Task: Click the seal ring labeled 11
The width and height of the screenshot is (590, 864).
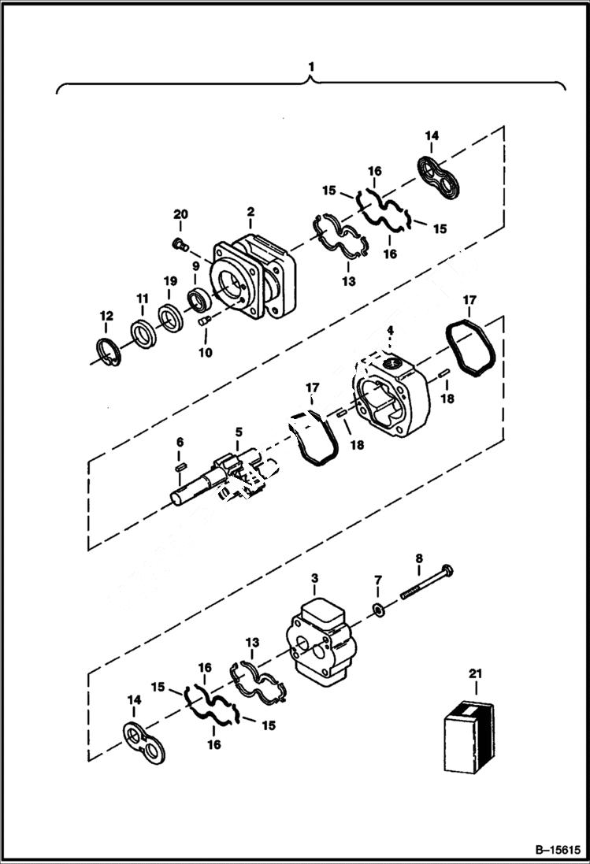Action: (x=143, y=335)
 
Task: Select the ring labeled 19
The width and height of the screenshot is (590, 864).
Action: (x=170, y=319)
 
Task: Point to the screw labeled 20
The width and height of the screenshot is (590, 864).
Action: (x=180, y=245)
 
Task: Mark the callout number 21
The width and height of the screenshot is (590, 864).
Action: (x=474, y=674)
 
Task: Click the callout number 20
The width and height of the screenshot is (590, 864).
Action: (x=181, y=214)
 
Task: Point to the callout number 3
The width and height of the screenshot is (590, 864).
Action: (x=314, y=579)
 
